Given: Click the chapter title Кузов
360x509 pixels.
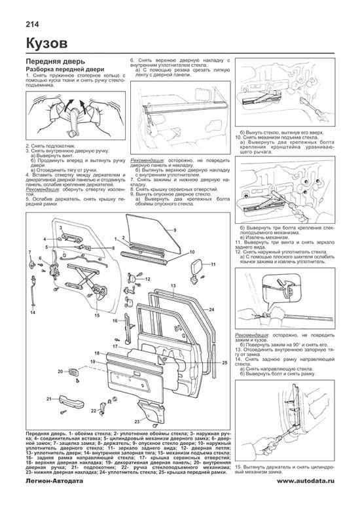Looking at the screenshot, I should point(44,44).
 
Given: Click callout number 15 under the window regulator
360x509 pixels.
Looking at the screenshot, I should point(97,315).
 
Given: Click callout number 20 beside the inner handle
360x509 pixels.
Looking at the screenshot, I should point(60,371).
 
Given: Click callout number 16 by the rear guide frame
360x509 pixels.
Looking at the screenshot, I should point(113,321).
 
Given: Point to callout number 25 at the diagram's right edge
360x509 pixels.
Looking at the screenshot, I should point(224,362).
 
